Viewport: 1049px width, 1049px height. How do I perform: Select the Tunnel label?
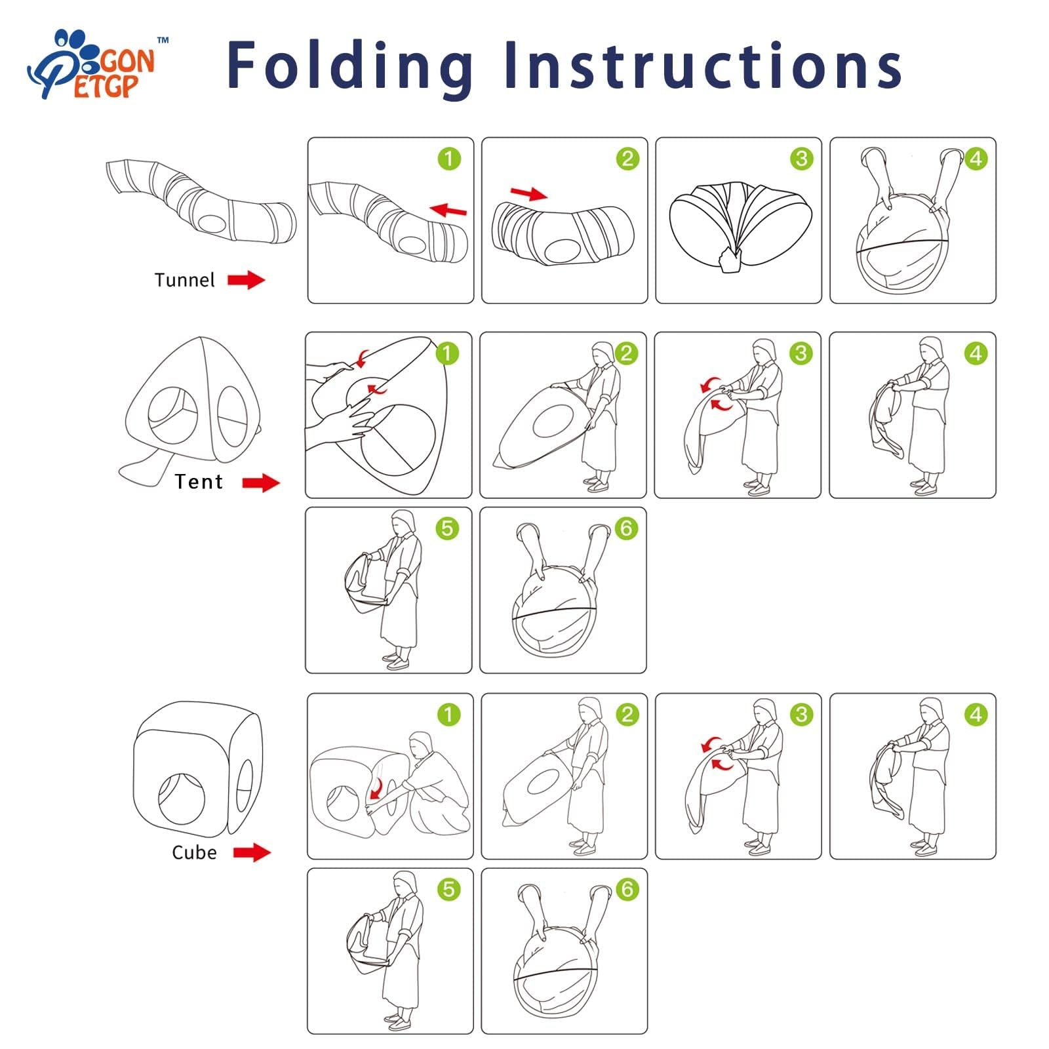(x=184, y=280)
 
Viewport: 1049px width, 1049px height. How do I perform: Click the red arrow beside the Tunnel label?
(x=247, y=280)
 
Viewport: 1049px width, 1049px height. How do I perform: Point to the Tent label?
(x=199, y=482)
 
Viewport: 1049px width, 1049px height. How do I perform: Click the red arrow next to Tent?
(x=261, y=483)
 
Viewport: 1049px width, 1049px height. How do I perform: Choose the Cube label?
(x=194, y=852)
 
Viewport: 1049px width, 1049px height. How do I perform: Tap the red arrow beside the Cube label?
(x=252, y=852)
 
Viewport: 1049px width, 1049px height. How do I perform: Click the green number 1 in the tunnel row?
(x=449, y=159)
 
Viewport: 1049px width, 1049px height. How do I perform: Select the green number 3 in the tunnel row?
(x=801, y=159)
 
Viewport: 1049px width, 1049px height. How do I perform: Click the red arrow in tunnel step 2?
(x=528, y=193)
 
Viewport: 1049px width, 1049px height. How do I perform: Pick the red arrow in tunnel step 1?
(x=448, y=210)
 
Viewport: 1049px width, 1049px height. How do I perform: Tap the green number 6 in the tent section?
(x=626, y=528)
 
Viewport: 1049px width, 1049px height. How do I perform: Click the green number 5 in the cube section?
(x=448, y=890)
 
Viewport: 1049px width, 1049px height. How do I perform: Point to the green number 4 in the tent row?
(x=976, y=354)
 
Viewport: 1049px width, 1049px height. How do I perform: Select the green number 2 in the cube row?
(x=627, y=715)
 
